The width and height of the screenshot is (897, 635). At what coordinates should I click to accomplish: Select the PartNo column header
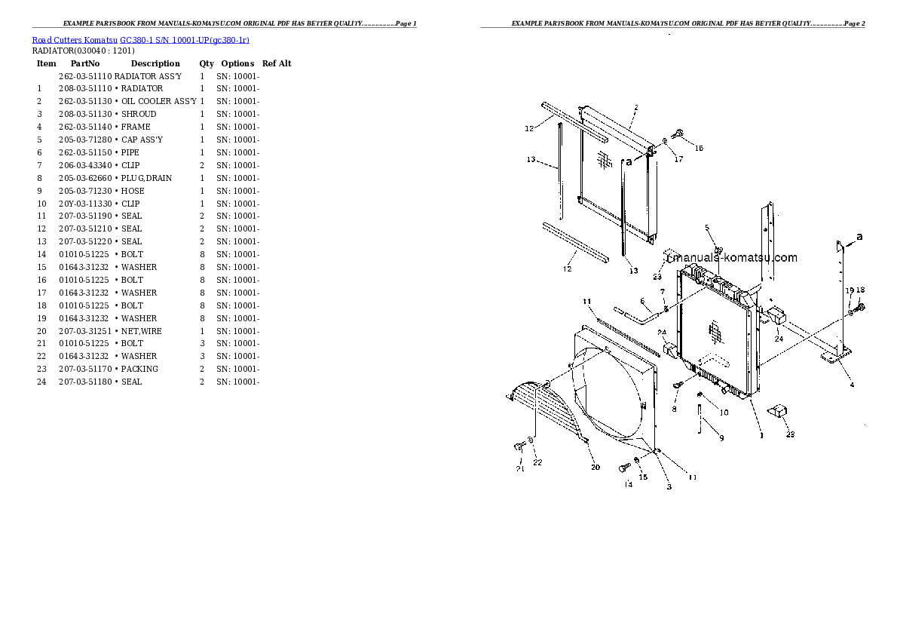click(85, 63)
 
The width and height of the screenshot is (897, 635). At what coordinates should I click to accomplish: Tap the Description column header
click(155, 63)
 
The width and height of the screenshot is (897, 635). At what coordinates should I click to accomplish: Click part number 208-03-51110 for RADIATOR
click(84, 88)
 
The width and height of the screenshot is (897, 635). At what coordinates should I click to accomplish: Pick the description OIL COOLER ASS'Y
click(159, 101)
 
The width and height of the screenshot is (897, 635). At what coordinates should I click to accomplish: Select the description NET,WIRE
click(141, 331)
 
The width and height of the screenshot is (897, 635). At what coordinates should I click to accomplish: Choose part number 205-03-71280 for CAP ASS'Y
click(84, 140)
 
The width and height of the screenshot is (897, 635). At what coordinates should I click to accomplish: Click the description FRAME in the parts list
click(136, 127)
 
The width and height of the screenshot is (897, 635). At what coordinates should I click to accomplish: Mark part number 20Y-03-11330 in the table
click(84, 204)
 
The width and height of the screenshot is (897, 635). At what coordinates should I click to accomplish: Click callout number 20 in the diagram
click(595, 468)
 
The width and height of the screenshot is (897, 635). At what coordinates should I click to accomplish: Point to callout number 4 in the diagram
click(852, 385)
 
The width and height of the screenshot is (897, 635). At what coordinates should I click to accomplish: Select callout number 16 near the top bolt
click(699, 148)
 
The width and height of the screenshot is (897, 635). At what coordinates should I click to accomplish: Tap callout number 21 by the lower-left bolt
click(519, 469)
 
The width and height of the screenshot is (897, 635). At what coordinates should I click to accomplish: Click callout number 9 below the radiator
click(721, 437)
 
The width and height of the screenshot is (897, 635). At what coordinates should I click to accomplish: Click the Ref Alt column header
click(277, 63)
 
